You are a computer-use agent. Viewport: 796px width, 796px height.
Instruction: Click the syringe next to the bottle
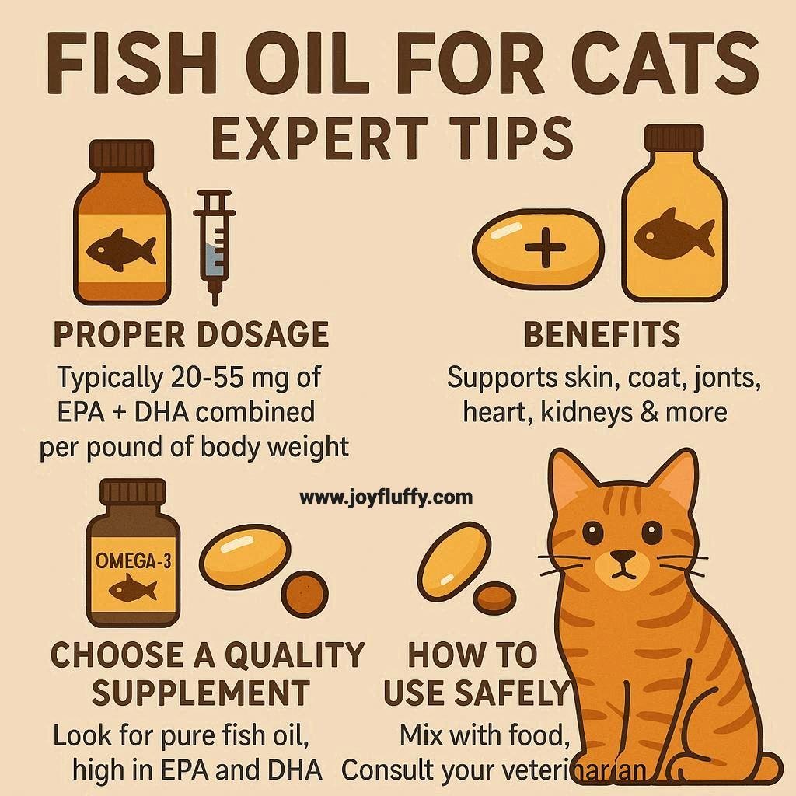(214, 247)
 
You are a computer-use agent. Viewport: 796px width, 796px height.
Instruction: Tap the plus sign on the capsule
(545, 248)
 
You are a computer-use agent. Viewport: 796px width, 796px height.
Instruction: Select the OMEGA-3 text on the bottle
(134, 561)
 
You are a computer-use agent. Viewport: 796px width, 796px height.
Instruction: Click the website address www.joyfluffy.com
(386, 497)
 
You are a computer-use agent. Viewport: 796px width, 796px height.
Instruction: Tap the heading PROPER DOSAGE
(191, 334)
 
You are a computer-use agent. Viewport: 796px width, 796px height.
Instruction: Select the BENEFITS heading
(602, 334)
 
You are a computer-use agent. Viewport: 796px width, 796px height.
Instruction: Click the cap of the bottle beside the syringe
(122, 155)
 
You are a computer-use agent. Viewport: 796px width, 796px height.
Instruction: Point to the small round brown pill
(305, 594)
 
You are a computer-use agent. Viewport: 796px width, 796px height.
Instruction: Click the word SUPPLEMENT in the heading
(201, 693)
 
